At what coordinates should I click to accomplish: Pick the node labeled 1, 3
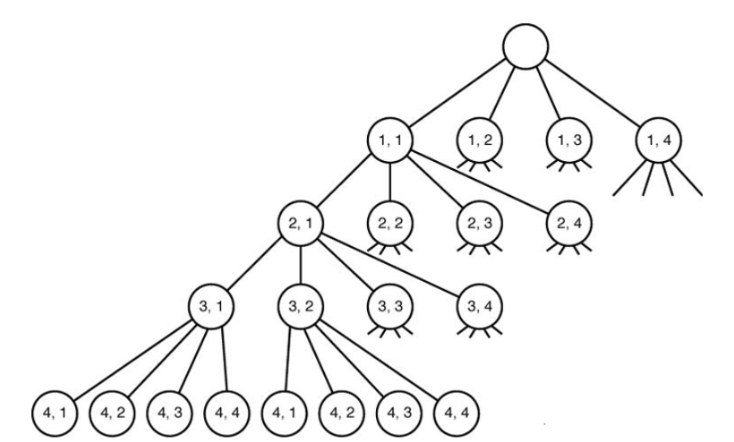(x=569, y=140)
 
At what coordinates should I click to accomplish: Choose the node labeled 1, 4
(x=658, y=140)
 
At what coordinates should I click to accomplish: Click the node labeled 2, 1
(x=301, y=224)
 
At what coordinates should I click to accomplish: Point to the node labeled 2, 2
(x=389, y=224)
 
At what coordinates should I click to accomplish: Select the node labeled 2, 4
(x=568, y=224)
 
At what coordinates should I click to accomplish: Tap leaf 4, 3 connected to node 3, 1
(x=167, y=414)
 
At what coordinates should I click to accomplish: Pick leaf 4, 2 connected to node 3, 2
(x=339, y=414)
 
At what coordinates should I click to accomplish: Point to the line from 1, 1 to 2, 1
(x=345, y=183)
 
